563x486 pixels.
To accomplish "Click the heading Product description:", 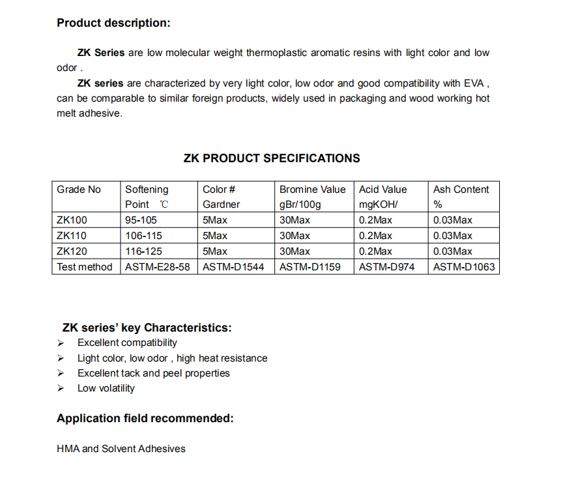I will click(x=113, y=23).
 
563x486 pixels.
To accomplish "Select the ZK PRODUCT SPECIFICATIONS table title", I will click(x=272, y=158).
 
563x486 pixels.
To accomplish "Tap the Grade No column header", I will click(x=79, y=190).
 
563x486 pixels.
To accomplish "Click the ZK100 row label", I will click(x=72, y=220).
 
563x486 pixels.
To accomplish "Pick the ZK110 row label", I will click(x=72, y=236).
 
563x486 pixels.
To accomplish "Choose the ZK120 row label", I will click(x=72, y=251).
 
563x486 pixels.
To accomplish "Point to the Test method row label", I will click(x=85, y=267).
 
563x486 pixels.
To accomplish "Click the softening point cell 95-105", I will click(x=141, y=220).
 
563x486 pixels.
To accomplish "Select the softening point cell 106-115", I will click(x=143, y=236).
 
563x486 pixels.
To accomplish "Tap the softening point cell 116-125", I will click(x=143, y=251).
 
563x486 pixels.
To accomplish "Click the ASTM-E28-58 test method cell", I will click(x=158, y=267).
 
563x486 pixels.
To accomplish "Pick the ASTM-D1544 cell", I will click(x=233, y=267).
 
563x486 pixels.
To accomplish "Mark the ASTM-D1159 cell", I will click(x=310, y=267).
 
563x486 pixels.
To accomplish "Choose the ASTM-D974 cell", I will click(x=386, y=267).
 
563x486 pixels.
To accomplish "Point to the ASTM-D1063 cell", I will click(x=464, y=267).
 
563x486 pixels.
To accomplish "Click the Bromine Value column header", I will click(x=313, y=190).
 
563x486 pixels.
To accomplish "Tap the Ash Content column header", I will click(x=461, y=190).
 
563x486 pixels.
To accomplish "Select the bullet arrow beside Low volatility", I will click(x=61, y=388).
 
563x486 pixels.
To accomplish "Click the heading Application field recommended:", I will click(x=145, y=419).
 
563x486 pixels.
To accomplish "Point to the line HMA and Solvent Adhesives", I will click(x=121, y=449).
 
